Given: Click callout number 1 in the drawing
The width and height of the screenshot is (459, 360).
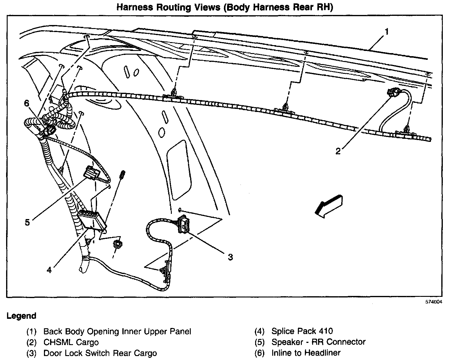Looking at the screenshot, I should (387, 32).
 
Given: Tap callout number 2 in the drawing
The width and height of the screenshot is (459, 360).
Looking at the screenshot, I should (338, 151).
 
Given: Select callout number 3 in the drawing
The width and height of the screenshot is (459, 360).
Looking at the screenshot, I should (230, 257).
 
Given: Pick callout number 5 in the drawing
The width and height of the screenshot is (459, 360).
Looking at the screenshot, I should (27, 222).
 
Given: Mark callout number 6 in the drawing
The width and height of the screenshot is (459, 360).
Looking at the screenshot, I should (27, 103).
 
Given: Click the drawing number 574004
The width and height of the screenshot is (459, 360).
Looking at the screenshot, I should (434, 302).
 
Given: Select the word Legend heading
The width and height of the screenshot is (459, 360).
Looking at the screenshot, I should (21, 316).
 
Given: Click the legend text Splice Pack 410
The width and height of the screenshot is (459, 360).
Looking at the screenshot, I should (302, 331).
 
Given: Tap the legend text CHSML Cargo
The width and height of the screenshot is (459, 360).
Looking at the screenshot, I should (71, 342).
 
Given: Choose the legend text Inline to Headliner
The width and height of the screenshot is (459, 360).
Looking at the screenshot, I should (306, 353).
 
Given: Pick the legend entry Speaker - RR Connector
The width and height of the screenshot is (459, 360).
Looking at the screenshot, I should (318, 342).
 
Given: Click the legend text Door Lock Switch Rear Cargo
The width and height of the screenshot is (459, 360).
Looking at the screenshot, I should (100, 353).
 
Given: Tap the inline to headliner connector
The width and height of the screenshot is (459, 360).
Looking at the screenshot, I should (49, 130).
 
